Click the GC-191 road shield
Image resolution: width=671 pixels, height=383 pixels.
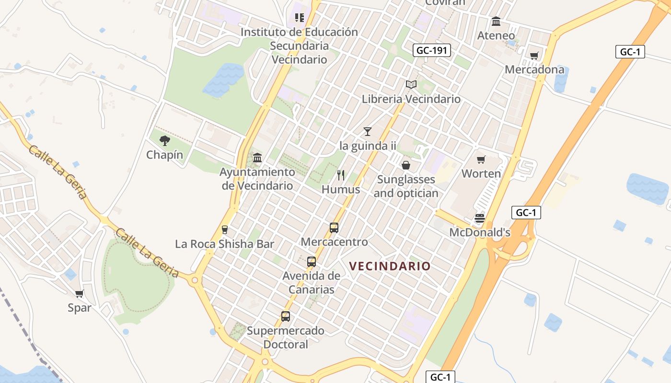click(432, 50)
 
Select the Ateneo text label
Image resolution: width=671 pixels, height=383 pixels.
click(496, 35)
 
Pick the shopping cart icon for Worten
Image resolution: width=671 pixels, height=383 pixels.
click(481, 159)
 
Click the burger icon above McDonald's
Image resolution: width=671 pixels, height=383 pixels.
click(480, 218)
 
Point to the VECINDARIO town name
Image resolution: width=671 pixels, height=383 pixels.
click(390, 266)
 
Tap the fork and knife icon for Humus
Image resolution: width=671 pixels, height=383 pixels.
click(341, 175)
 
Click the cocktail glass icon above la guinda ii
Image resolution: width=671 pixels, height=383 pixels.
click(368, 131)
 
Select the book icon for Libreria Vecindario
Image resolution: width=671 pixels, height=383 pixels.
click(411, 85)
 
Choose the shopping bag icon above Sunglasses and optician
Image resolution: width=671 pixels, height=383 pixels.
click(406, 165)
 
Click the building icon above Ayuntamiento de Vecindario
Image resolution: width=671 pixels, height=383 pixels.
click(257, 158)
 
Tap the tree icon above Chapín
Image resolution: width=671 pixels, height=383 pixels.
click(165, 141)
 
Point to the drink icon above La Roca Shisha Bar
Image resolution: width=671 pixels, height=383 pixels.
click(224, 230)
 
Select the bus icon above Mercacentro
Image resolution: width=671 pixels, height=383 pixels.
click(334, 228)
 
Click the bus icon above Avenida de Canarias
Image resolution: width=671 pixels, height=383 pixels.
click(312, 262)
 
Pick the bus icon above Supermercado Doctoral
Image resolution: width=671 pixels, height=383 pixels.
click(286, 316)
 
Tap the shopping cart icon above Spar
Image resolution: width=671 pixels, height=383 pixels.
click(80, 293)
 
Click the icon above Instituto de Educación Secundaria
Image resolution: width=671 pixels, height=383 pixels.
click(300, 18)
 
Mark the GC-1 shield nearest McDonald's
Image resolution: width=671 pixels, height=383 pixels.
click(526, 213)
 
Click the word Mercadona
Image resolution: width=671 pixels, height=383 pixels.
click(534, 69)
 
